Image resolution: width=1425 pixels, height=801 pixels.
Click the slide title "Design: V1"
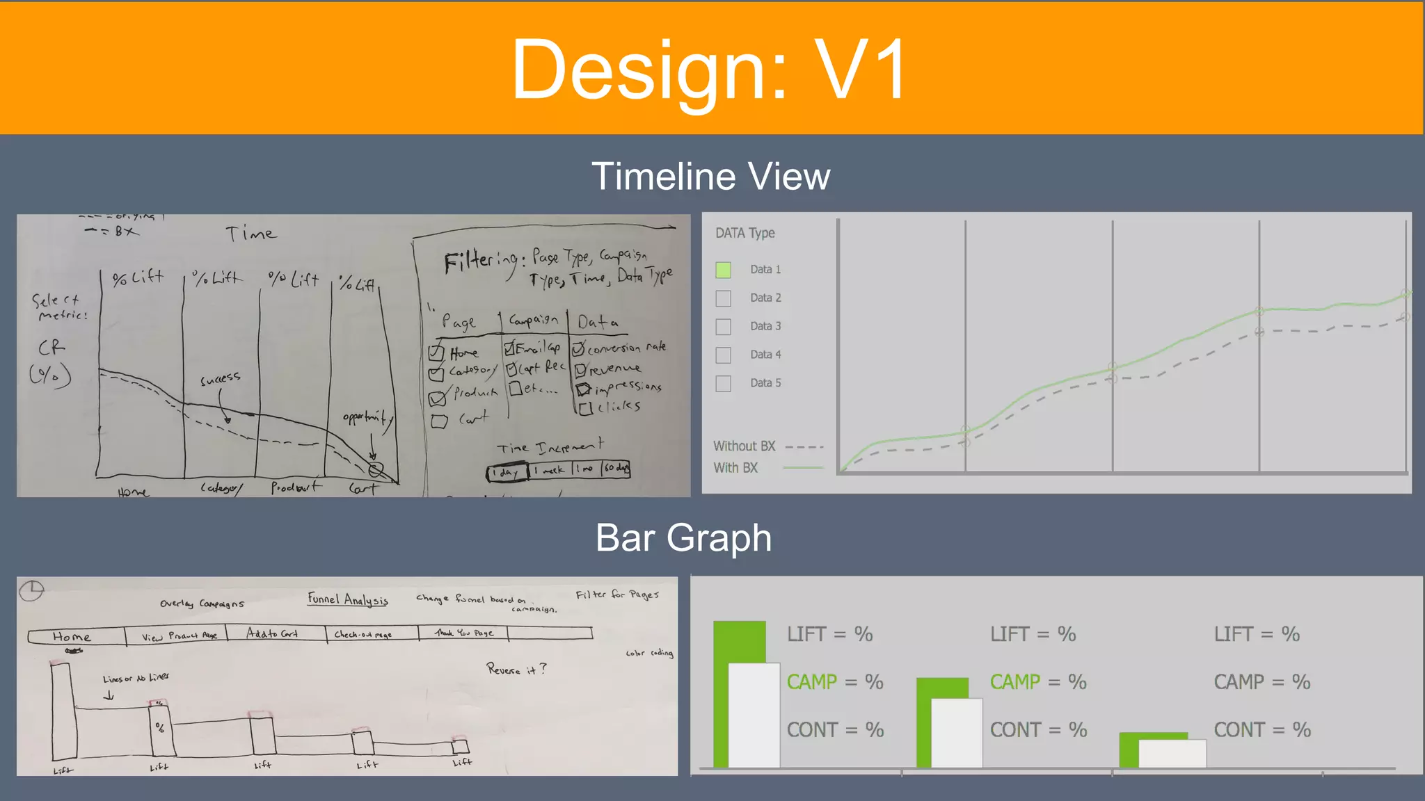pos(710,70)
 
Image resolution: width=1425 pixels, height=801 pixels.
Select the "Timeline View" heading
pos(710,177)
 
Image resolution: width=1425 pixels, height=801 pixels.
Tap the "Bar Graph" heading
pos(683,538)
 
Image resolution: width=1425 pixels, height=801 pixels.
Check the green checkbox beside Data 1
pos(724,270)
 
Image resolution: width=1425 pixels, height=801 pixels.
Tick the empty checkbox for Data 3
pos(724,327)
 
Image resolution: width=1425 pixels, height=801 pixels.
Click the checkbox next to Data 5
pos(724,384)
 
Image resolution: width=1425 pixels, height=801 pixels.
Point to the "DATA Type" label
pos(745,233)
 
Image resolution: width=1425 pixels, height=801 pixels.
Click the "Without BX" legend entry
pos(744,446)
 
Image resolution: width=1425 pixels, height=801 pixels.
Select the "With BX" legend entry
pos(735,468)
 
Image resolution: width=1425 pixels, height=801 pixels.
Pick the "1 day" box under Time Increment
pos(506,472)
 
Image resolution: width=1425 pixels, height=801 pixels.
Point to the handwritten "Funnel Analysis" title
pos(348,599)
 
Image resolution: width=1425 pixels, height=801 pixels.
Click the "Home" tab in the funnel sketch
pos(72,636)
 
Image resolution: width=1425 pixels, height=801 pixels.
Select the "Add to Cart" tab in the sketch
pos(272,633)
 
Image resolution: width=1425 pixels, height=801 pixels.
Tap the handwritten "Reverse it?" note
pos(516,670)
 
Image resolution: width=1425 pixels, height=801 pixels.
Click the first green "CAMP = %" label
pos(834,682)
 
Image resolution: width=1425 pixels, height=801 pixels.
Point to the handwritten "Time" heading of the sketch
pos(250,234)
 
